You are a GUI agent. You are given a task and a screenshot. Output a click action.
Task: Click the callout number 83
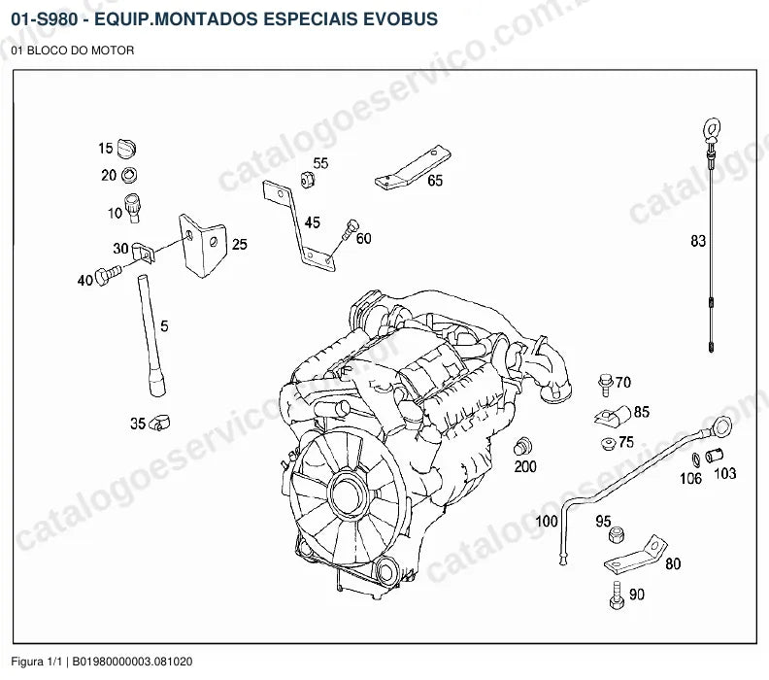click(x=698, y=241)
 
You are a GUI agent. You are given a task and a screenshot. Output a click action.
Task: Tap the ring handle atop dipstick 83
click(x=712, y=129)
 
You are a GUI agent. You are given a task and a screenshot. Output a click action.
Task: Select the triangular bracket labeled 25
click(x=203, y=245)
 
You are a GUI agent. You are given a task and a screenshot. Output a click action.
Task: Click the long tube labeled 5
click(x=151, y=335)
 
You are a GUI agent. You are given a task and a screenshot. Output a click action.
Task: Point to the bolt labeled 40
click(x=108, y=274)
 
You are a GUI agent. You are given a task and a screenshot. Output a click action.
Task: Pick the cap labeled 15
click(x=126, y=149)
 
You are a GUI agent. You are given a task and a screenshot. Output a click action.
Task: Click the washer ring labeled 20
click(x=129, y=175)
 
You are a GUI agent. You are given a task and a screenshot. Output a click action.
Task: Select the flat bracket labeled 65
click(x=413, y=168)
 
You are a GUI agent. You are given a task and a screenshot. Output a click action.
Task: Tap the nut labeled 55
click(x=307, y=179)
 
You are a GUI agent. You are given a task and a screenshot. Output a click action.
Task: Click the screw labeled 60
click(x=351, y=229)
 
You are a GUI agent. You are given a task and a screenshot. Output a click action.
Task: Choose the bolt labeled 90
click(x=617, y=595)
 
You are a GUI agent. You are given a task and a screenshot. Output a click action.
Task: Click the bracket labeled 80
click(x=637, y=557)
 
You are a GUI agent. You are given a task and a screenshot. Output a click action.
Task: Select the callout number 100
click(x=547, y=521)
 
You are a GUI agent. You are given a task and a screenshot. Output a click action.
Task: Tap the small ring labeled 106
click(x=696, y=459)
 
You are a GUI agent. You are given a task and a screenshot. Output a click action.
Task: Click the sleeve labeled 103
click(x=714, y=456)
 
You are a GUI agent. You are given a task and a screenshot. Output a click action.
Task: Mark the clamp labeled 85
click(x=613, y=416)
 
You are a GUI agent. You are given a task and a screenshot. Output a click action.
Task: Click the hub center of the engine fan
click(x=348, y=494)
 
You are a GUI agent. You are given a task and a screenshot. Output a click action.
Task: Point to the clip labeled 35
click(x=159, y=421)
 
